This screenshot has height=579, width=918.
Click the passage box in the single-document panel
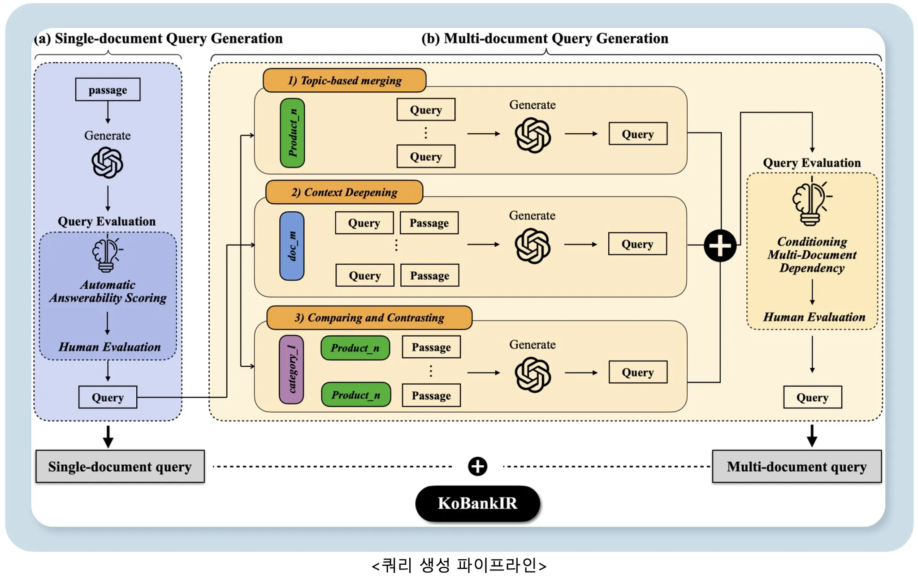pyautogui.click(x=108, y=90)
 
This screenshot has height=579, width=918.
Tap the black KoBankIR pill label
pyautogui.click(x=477, y=503)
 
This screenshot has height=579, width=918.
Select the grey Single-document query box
pyautogui.click(x=120, y=467)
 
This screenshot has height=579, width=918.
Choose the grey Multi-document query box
pyautogui.click(x=797, y=467)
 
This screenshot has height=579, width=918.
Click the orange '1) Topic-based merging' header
pyautogui.click(x=344, y=81)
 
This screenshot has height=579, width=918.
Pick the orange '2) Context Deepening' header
pyautogui.click(x=344, y=192)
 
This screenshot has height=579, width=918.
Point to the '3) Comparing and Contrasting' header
pyautogui.click(x=369, y=317)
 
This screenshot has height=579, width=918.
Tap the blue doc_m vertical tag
pyautogui.click(x=292, y=246)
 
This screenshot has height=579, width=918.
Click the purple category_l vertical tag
pyautogui.click(x=291, y=369)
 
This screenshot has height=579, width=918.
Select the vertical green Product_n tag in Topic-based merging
pyautogui.click(x=292, y=133)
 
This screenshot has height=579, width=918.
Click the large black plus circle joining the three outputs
pyautogui.click(x=720, y=245)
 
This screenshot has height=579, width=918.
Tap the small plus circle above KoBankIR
pyautogui.click(x=477, y=467)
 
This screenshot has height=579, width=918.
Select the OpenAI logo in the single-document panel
pyautogui.click(x=107, y=163)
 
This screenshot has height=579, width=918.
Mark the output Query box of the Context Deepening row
pyautogui.click(x=637, y=244)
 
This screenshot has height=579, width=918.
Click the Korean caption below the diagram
pyautogui.click(x=459, y=566)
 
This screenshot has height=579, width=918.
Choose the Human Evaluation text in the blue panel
pyautogui.click(x=109, y=347)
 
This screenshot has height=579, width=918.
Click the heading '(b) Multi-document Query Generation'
pyautogui.click(x=545, y=39)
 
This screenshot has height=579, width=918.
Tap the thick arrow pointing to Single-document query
pyautogui.click(x=108, y=437)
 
